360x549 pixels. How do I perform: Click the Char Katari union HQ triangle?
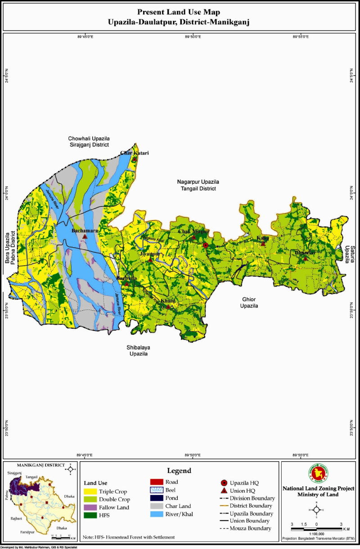[134, 159]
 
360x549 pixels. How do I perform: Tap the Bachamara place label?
[85, 231]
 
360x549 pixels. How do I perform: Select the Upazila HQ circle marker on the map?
[205, 245]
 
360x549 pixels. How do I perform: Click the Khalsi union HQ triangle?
[168, 307]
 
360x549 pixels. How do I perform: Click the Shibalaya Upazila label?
[136, 351]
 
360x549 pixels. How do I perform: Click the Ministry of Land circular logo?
[317, 473]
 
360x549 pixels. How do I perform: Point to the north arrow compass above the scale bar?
[317, 510]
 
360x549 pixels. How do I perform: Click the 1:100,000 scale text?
[316, 531]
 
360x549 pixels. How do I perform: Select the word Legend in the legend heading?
[180, 471]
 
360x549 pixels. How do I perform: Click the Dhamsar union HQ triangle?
[306, 259]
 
